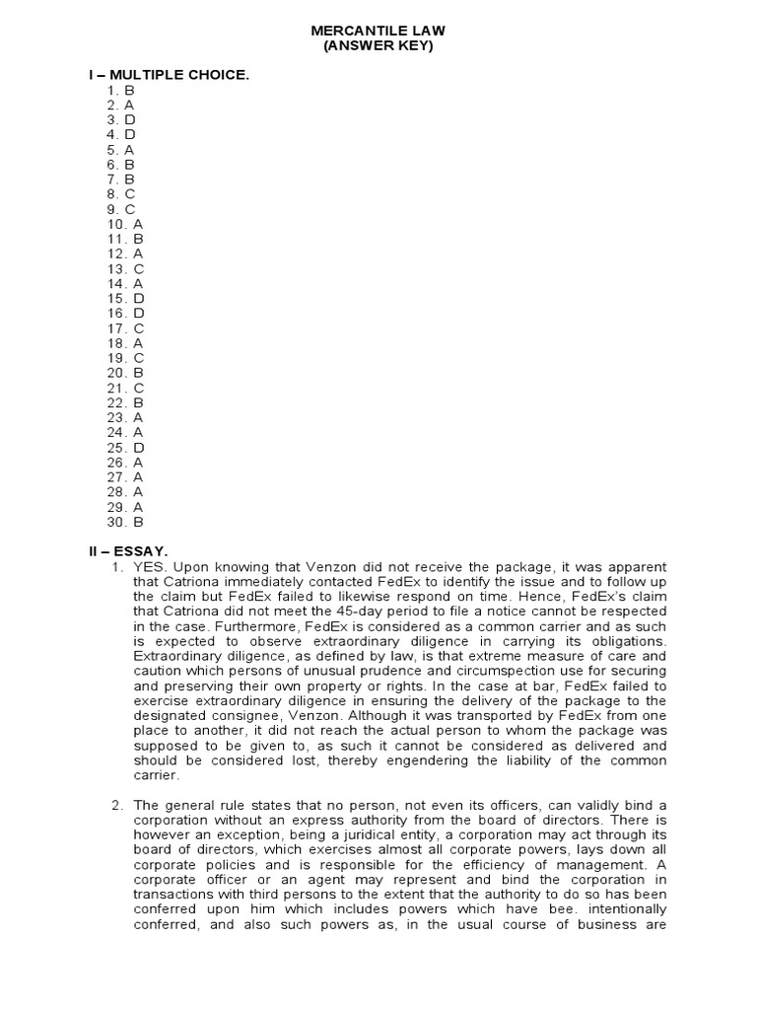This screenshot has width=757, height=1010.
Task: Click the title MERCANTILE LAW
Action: click(378, 32)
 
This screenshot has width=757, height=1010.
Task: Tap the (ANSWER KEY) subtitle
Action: click(378, 46)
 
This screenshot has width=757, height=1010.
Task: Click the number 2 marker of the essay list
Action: click(116, 806)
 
